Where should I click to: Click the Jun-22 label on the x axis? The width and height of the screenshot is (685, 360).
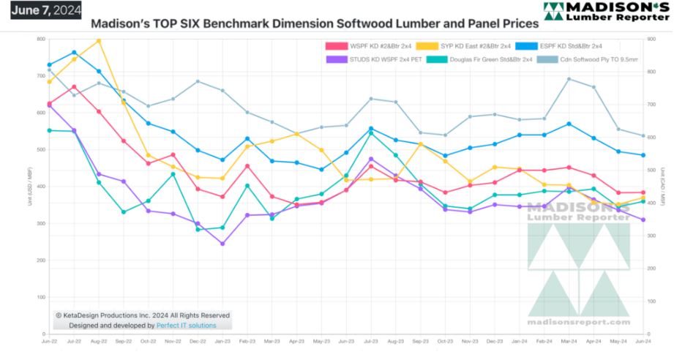tap(50, 342)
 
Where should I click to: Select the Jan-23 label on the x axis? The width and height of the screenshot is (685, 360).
tap(222, 342)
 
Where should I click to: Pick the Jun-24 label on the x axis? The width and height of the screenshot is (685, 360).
tap(643, 342)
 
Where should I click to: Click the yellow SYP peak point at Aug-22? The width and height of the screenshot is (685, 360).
tap(99, 40)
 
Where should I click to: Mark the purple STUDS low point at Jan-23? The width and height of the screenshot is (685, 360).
tap(222, 244)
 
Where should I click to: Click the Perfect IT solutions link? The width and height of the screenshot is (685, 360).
tap(187, 326)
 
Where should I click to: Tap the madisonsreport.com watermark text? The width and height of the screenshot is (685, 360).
tap(578, 322)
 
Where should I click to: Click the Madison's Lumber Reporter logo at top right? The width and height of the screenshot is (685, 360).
tap(616, 12)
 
